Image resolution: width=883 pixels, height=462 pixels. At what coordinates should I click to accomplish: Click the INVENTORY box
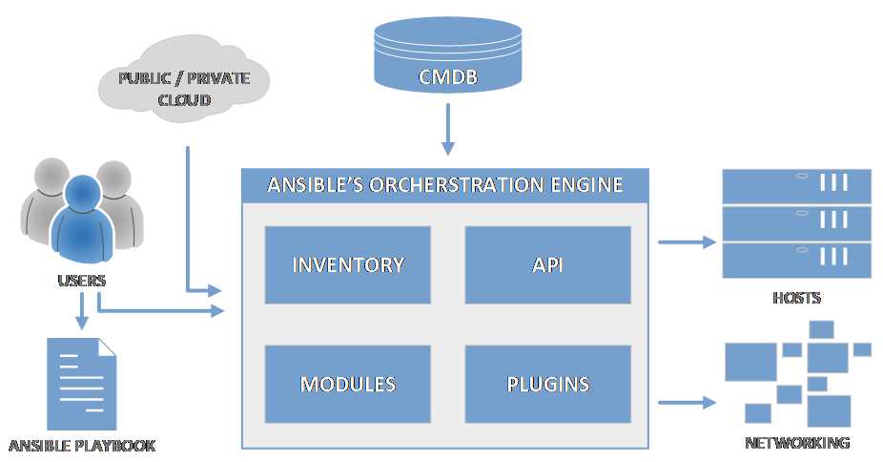coord(348,264)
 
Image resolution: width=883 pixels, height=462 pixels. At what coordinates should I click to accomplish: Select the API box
coord(547,264)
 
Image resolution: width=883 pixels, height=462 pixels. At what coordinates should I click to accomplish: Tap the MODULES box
coord(348,385)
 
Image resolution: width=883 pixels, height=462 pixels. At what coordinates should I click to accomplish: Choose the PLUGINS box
coord(547,385)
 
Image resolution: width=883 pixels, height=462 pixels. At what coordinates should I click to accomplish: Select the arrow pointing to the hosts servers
coord(686,242)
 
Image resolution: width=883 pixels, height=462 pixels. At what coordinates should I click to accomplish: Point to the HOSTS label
coord(796,299)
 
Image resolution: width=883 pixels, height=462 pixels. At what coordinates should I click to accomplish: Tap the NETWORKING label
coord(796,443)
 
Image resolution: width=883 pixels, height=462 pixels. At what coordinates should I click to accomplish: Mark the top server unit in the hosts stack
coord(796,185)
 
